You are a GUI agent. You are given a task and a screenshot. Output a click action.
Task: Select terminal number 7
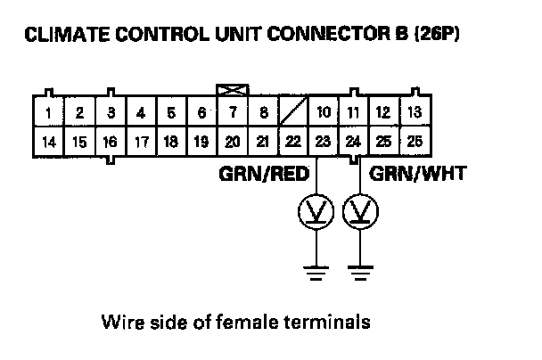pos(233,113)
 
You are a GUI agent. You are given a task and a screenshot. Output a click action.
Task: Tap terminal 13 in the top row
pos(413,113)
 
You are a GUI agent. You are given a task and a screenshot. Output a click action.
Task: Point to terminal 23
pos(323,142)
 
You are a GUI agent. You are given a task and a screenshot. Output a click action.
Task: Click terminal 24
pos(354,142)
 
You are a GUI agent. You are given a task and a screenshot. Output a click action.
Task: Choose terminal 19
pos(201,142)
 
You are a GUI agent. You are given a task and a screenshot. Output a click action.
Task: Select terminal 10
pos(324,113)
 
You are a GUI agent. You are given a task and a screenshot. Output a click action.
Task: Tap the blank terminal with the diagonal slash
pos(293,113)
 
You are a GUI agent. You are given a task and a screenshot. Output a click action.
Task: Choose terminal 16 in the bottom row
pos(109,142)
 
